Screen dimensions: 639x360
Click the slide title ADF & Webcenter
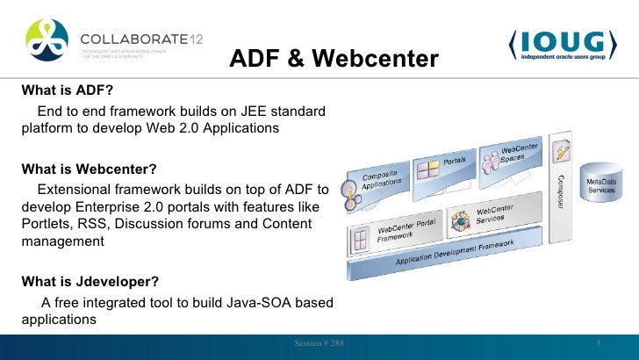[334, 59]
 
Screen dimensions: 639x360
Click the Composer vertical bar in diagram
[562, 188]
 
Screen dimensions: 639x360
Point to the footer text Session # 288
[319, 342]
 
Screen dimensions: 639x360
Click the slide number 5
[598, 342]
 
